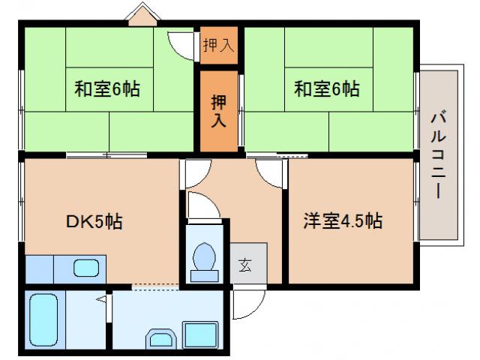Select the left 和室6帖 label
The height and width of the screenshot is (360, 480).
(106, 89)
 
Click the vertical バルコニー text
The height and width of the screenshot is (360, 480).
(436, 154)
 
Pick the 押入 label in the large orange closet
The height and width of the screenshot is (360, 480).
(218, 110)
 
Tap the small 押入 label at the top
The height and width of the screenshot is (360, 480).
(218, 46)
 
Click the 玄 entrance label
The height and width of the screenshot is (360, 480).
(245, 264)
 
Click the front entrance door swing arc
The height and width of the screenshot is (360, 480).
(246, 304)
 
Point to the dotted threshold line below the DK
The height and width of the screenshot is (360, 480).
(156, 286)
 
